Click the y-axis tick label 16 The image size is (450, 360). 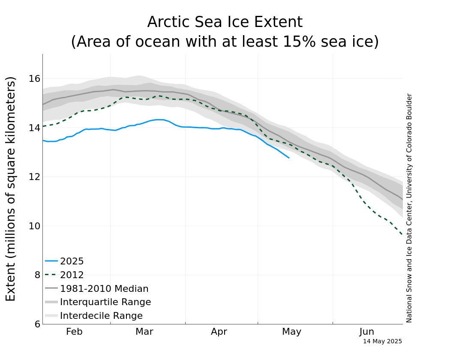(x=34, y=78)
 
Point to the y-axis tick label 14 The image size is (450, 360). (x=34, y=128)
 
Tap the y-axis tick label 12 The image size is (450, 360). (x=34, y=177)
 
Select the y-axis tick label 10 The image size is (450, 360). (x=34, y=226)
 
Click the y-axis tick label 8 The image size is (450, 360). (x=37, y=275)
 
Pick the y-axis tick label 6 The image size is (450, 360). (x=37, y=324)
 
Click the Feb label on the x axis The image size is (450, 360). (x=74, y=332)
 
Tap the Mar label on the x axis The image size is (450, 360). (x=144, y=332)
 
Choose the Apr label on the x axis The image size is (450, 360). (x=219, y=332)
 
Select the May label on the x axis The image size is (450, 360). (x=291, y=332)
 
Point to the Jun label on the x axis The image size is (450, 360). (x=366, y=332)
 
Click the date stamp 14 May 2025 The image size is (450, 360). (x=382, y=342)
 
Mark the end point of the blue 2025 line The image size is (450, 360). (x=289, y=158)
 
